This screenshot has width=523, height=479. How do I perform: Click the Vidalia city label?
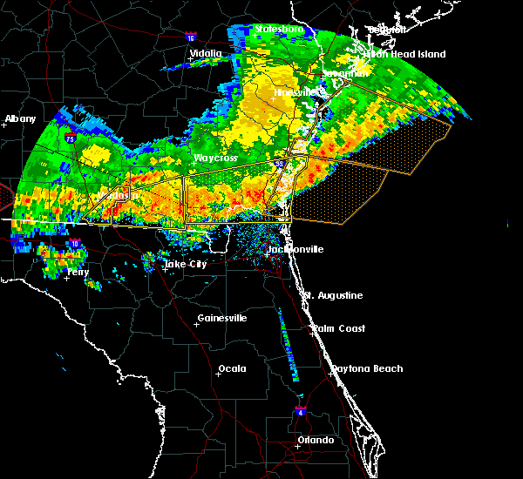pos(206,54)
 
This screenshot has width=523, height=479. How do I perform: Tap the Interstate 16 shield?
pos(191,37)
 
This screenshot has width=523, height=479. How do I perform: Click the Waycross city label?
pos(215,159)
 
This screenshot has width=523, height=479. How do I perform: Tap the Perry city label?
pos(78,273)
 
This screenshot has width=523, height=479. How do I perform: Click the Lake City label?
pos(186,264)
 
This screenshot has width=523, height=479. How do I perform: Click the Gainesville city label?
pos(222,319)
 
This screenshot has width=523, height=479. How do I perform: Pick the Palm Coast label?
pos(339,329)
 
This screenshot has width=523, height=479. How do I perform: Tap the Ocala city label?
pos(232,369)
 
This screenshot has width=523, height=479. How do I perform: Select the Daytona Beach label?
pos(366,369)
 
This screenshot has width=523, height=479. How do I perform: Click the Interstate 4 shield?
pos(300,409)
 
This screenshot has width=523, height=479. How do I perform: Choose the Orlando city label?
pos(316,441)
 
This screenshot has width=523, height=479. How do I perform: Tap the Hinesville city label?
pos(295,92)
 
